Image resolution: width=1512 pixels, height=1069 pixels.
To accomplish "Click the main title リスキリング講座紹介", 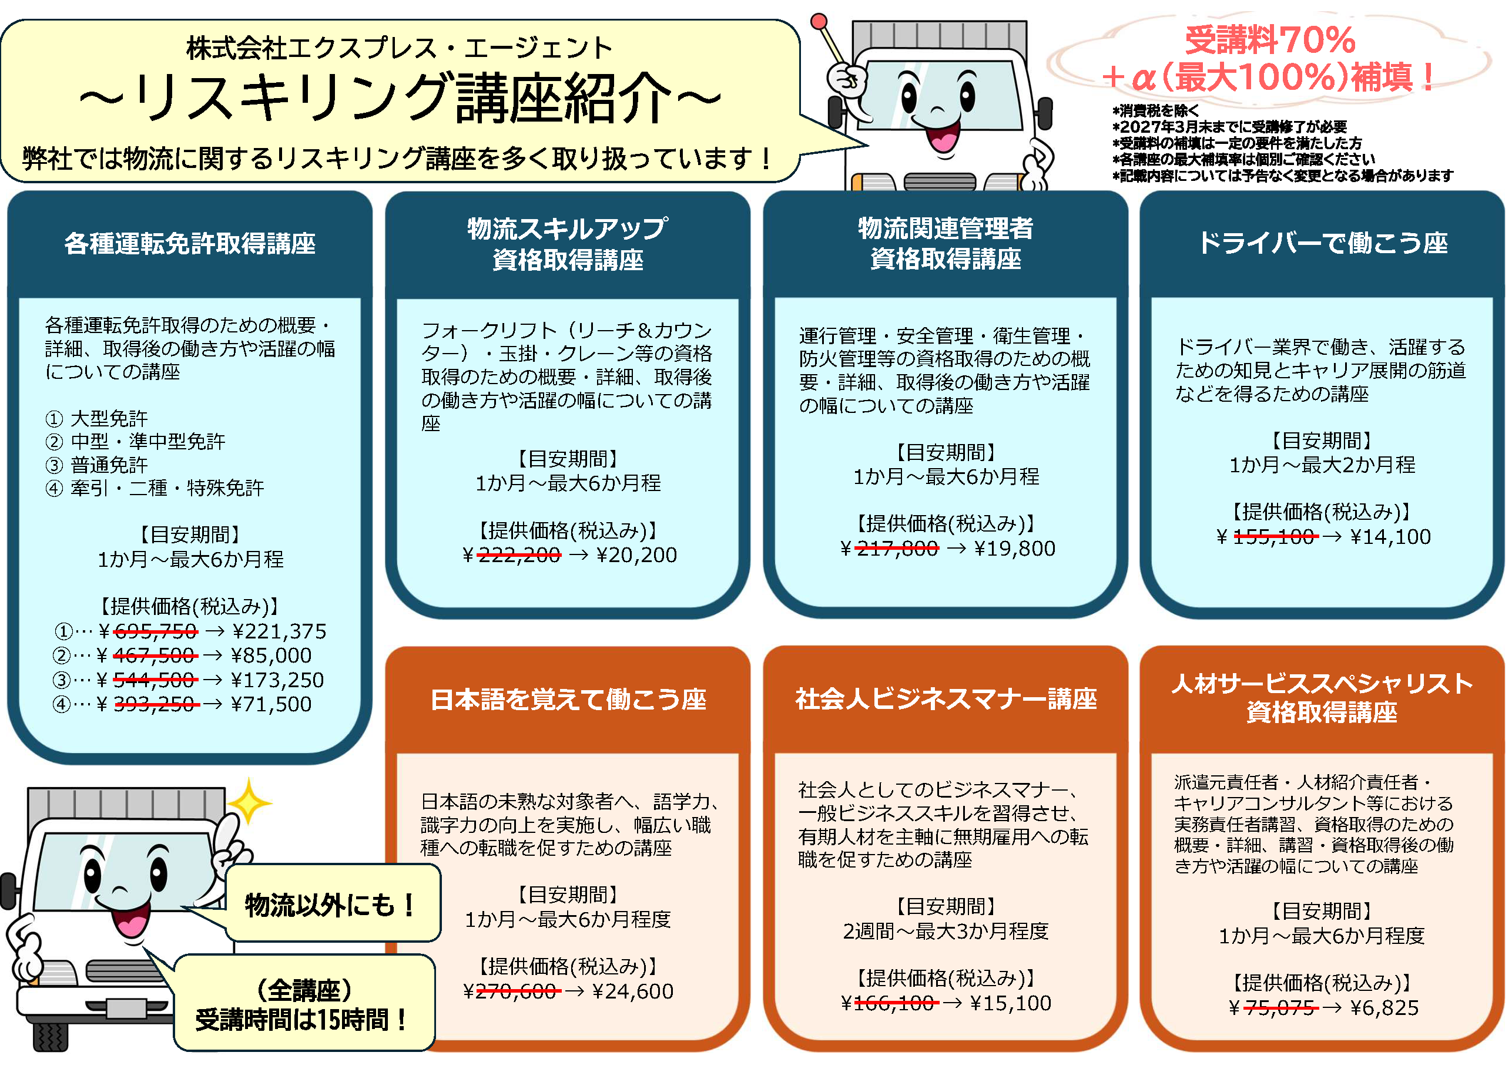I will click(400, 99).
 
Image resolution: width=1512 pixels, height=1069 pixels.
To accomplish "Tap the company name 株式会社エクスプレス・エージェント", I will click(399, 48).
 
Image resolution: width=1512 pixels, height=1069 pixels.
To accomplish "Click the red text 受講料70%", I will click(1270, 40).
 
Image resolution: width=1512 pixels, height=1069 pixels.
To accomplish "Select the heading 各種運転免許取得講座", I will click(190, 244).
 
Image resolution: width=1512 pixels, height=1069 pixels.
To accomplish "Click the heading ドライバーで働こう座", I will click(1322, 243).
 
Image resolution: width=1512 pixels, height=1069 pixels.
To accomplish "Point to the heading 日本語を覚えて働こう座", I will click(568, 699).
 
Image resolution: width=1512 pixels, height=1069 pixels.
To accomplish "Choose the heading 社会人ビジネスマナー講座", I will click(946, 698).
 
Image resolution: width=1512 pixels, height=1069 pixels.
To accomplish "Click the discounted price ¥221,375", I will click(279, 631).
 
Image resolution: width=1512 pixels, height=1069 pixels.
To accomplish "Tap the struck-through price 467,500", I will click(154, 655).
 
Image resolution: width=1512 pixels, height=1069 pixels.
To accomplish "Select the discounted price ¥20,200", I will click(636, 555).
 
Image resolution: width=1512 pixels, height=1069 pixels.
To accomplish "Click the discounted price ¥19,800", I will click(1014, 549).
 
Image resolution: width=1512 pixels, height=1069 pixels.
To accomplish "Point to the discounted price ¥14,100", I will click(1391, 536).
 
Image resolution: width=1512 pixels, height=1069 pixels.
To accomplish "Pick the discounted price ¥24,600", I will click(632, 991).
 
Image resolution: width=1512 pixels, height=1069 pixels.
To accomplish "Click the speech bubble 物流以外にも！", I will click(331, 905).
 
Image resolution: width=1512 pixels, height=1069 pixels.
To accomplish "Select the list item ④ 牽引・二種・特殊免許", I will click(155, 488).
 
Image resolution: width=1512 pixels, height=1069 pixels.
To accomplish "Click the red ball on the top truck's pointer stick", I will click(819, 21).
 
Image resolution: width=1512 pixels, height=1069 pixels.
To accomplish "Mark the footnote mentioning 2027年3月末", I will click(1229, 126).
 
